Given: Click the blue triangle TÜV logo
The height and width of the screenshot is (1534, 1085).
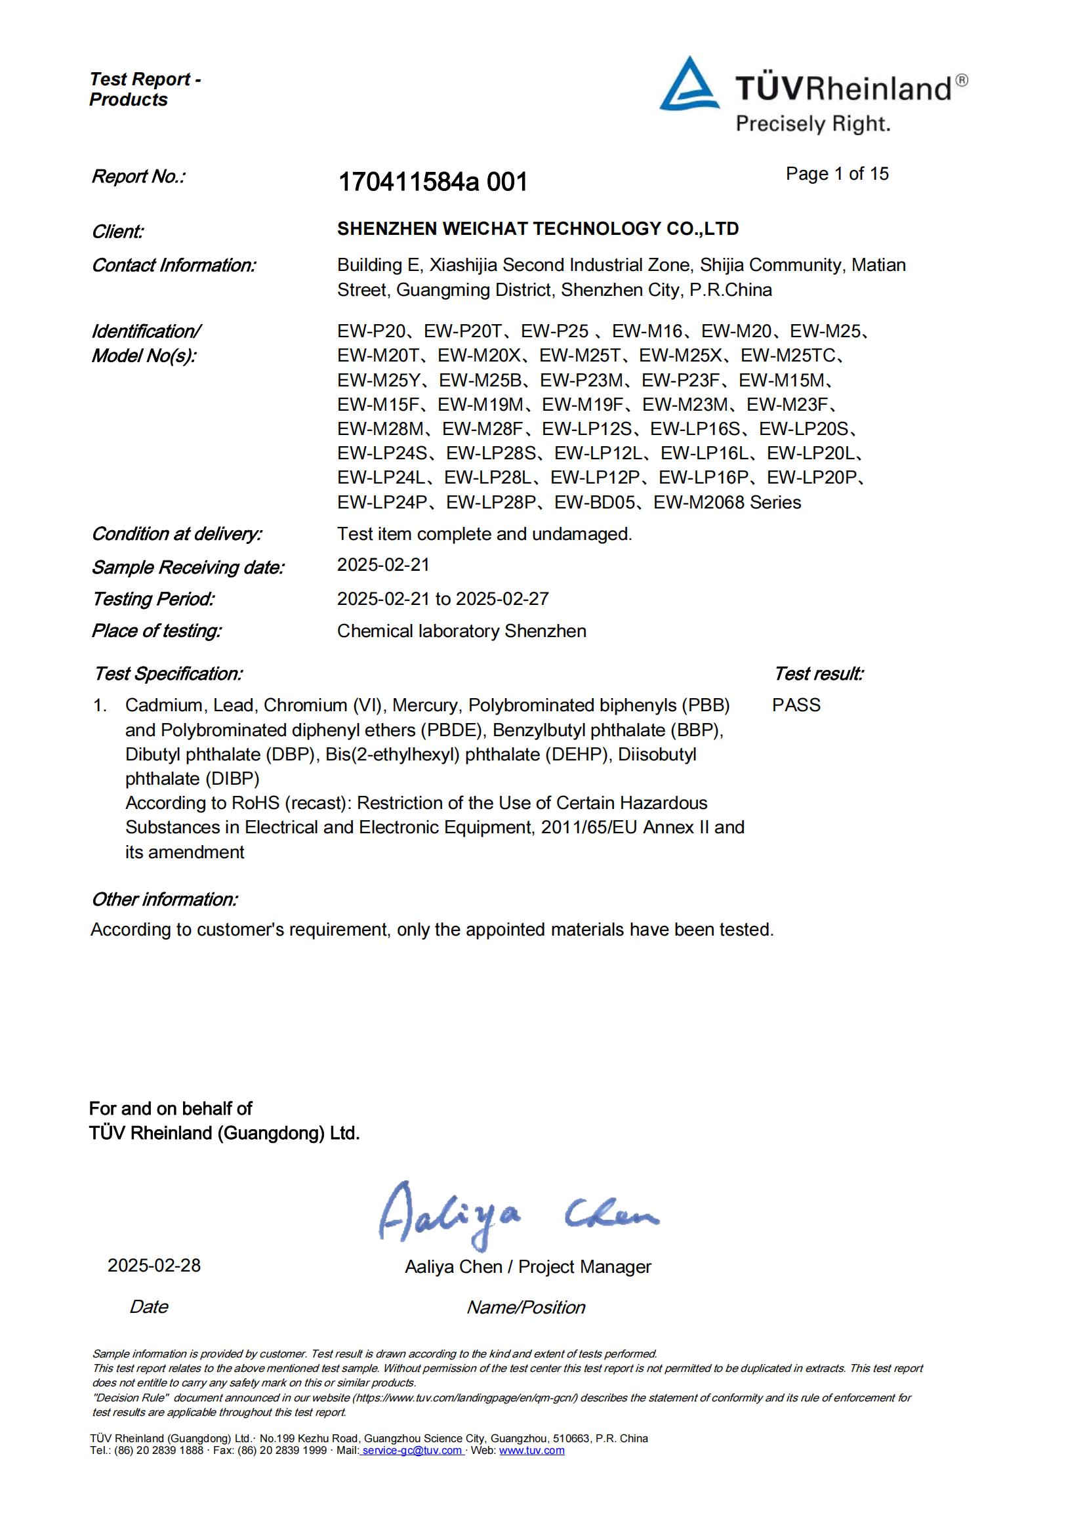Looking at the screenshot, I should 689,85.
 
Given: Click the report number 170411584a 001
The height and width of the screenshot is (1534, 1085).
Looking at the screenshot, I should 433,182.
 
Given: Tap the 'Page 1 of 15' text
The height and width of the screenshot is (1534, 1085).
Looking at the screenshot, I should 836,174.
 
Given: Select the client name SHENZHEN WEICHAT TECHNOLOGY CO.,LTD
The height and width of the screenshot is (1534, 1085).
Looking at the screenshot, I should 538,229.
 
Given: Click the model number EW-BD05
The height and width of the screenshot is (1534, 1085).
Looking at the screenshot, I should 594,503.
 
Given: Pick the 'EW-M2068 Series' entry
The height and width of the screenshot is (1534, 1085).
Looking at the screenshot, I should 727,503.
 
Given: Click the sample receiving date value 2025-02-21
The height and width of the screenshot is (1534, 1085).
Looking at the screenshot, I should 383,565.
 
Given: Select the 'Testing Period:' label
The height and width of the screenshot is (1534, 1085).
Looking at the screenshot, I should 153,599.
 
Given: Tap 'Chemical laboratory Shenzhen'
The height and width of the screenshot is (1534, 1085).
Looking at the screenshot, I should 461,631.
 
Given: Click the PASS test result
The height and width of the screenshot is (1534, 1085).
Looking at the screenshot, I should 796,705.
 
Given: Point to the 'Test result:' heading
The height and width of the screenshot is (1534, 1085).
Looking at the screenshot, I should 818,674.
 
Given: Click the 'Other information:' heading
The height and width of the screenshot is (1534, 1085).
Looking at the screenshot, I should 165,900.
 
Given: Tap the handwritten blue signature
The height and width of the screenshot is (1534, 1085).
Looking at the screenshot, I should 518,1216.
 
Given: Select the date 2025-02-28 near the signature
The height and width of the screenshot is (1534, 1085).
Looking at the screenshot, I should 154,1266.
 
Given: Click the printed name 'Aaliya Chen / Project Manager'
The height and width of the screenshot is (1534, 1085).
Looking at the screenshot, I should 528,1267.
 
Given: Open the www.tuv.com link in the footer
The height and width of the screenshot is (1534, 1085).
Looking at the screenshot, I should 531,1451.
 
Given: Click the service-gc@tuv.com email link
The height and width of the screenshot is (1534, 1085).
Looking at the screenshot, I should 412,1451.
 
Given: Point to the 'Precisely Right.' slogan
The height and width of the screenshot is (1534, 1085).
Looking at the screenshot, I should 812,125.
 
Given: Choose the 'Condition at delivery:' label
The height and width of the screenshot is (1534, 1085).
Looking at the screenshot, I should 176,535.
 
